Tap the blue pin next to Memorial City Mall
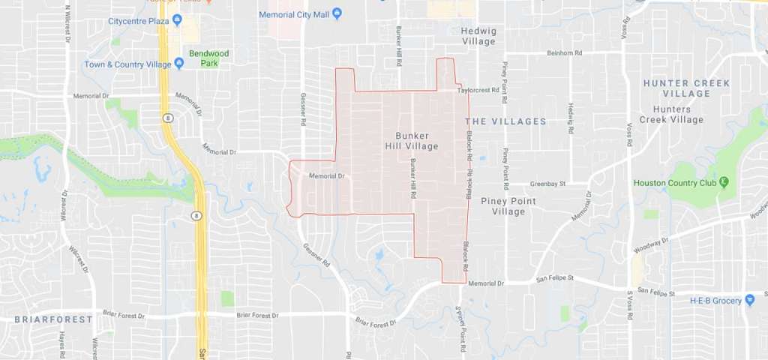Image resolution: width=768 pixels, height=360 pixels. coord(337,14)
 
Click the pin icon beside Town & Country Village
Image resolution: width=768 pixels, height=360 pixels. coord(178,64)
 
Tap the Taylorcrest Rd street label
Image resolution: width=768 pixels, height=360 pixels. coord(478,90)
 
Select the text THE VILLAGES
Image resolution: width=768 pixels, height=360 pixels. coord(505,121)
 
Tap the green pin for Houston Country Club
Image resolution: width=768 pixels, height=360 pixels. coord(724,182)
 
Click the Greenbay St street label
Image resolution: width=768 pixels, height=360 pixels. coord(547,183)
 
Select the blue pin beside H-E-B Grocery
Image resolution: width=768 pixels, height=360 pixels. coord(749,300)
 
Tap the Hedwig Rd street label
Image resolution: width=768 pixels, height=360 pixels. coord(571,118)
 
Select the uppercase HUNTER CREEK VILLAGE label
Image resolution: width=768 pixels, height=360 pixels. coord(676,88)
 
